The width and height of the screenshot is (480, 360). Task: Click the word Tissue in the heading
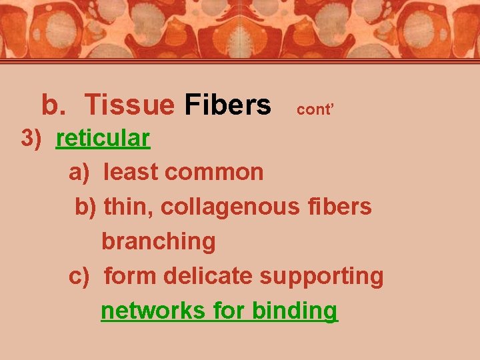coord(129,105)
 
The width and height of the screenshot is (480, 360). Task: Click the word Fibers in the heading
coord(228,105)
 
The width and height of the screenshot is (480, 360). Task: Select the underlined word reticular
coord(103,138)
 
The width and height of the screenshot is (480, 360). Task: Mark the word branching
coord(159,241)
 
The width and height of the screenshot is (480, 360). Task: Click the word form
coord(129,276)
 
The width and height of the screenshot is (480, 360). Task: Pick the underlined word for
coord(230,311)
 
